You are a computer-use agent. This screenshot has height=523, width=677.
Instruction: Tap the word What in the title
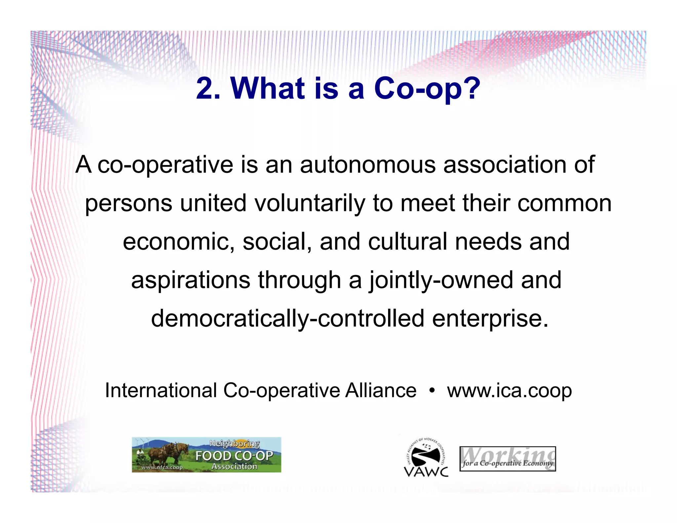coord(267,89)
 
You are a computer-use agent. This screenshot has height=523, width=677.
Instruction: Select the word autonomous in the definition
coord(368,165)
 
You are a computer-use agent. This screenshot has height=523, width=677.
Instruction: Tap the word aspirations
coord(190,280)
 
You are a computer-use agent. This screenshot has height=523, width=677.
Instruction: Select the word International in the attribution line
coord(161,390)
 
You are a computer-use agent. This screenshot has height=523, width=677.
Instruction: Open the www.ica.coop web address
coord(509,391)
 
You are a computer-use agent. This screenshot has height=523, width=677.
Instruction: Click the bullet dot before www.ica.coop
coord(431,391)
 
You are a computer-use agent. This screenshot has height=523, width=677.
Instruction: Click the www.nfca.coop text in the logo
coord(162,467)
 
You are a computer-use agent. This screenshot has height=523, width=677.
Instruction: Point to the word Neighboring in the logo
coord(234,444)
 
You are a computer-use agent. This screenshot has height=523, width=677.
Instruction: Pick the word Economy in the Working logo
coord(538,463)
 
